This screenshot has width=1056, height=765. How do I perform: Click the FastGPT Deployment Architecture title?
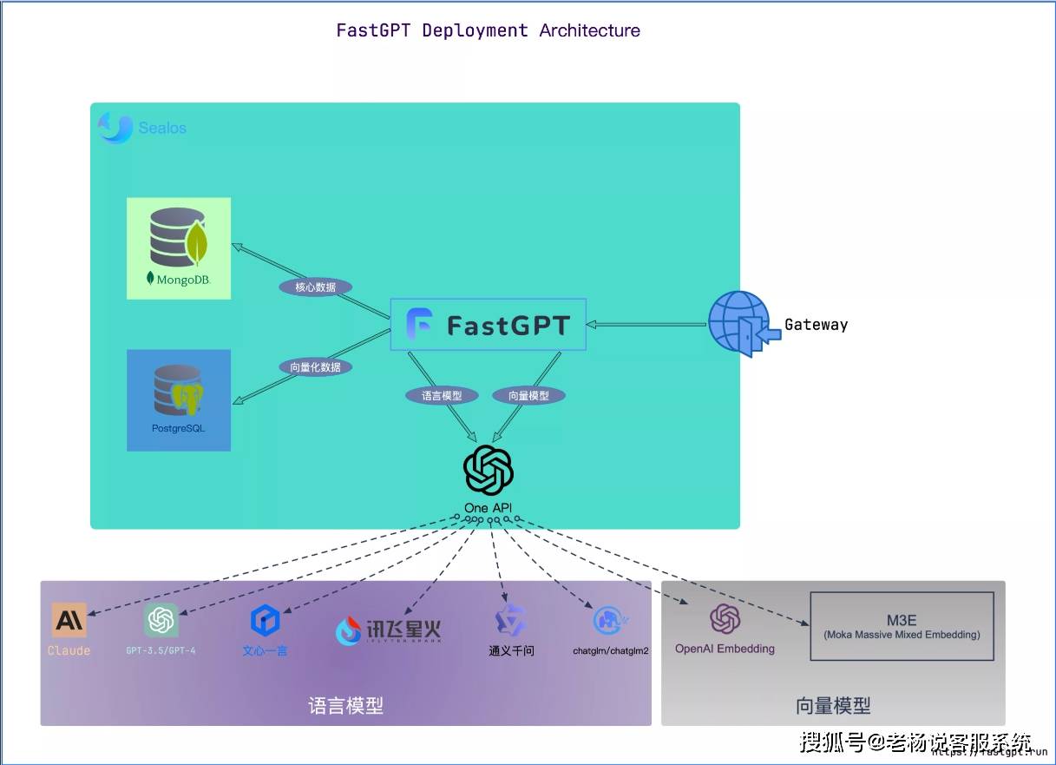(488, 30)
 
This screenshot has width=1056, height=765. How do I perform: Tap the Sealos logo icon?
(115, 128)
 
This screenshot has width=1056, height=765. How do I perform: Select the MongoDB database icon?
(179, 236)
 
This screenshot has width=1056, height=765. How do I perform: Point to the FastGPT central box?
(488, 325)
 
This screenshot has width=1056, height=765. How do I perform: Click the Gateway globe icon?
(739, 324)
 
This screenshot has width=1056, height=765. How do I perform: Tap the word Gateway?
(816, 325)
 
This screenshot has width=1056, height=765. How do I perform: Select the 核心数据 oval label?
(315, 287)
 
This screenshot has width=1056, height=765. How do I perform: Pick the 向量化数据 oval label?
(315, 367)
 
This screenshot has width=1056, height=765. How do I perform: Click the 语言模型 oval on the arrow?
(443, 395)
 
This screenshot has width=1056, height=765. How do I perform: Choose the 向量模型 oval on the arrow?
(528, 395)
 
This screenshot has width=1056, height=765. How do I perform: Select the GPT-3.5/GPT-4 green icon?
(161, 620)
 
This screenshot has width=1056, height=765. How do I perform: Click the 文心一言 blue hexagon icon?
(265, 621)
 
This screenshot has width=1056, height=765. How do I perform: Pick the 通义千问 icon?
(510, 621)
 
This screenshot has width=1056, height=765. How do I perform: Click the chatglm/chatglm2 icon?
(610, 621)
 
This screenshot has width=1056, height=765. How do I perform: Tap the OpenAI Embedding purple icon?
(725, 620)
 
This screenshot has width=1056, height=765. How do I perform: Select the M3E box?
(902, 626)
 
